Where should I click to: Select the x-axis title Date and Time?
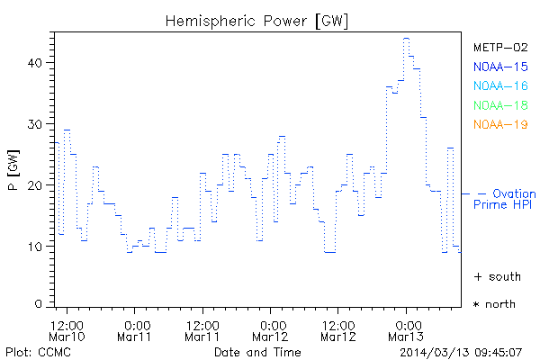(258, 351)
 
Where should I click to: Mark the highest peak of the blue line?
(406, 39)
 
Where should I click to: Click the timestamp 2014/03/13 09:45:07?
(462, 351)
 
